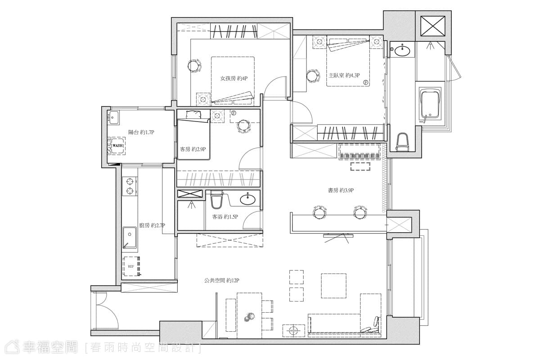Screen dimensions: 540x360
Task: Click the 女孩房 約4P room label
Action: pos(234,78)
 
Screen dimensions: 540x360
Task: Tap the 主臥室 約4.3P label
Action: pos(344,76)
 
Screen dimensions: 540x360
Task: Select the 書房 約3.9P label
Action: pos(341,190)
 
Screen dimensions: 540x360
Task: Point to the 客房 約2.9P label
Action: pos(193,149)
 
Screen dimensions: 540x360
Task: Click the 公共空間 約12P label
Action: pos(221,280)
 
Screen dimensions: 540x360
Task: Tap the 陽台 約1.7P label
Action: pos(141,132)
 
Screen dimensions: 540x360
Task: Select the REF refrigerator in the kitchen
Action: pos(131,266)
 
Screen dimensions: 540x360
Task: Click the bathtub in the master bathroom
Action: pos(430,103)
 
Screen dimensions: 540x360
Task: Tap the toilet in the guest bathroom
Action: pos(217,199)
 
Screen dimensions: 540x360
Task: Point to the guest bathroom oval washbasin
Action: pos(247,200)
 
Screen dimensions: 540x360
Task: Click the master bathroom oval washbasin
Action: pos(402,51)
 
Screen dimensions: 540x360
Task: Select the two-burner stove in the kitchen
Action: pos(130,186)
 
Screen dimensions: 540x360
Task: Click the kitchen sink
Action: pos(130,238)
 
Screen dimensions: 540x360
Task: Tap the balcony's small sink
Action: pos(113,117)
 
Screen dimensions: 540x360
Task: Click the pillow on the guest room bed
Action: pos(193,114)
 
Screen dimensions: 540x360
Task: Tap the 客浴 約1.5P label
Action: pos(225,217)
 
